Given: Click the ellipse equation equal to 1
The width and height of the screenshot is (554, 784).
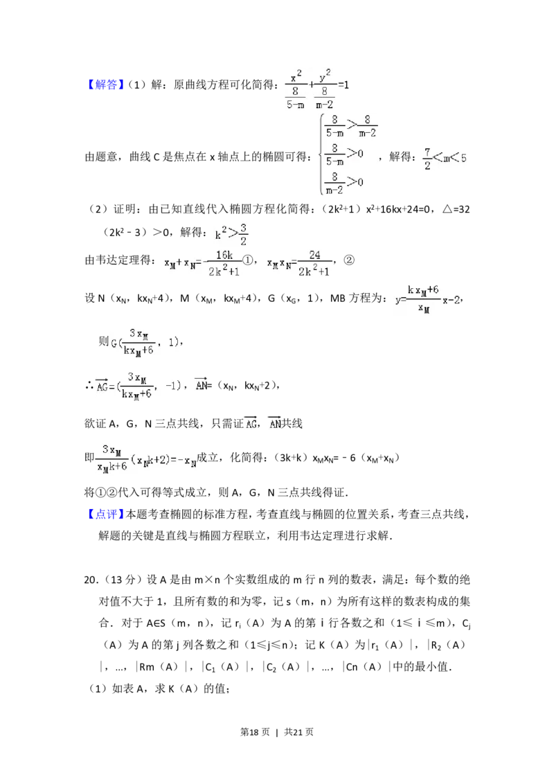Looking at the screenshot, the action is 319,89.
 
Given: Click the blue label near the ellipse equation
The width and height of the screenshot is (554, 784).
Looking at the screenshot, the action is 107,85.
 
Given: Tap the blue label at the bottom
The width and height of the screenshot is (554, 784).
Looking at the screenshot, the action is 107,513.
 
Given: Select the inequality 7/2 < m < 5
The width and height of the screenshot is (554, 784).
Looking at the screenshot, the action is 446,158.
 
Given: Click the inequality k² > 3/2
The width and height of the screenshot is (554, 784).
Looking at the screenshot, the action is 231,232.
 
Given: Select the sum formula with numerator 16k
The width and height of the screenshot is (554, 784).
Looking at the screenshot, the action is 202,263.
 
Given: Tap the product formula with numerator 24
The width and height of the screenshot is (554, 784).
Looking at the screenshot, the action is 299,263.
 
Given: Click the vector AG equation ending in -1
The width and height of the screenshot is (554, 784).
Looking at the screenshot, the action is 141,385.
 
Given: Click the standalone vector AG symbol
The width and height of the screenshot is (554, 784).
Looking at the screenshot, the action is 251,422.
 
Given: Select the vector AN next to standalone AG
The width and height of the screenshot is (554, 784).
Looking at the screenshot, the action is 274,421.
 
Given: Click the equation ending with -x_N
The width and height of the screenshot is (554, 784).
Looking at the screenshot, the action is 147,457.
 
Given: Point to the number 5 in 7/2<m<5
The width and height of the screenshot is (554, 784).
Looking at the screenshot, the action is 464,158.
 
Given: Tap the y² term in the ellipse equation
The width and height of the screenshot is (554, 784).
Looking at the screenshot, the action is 325,75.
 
